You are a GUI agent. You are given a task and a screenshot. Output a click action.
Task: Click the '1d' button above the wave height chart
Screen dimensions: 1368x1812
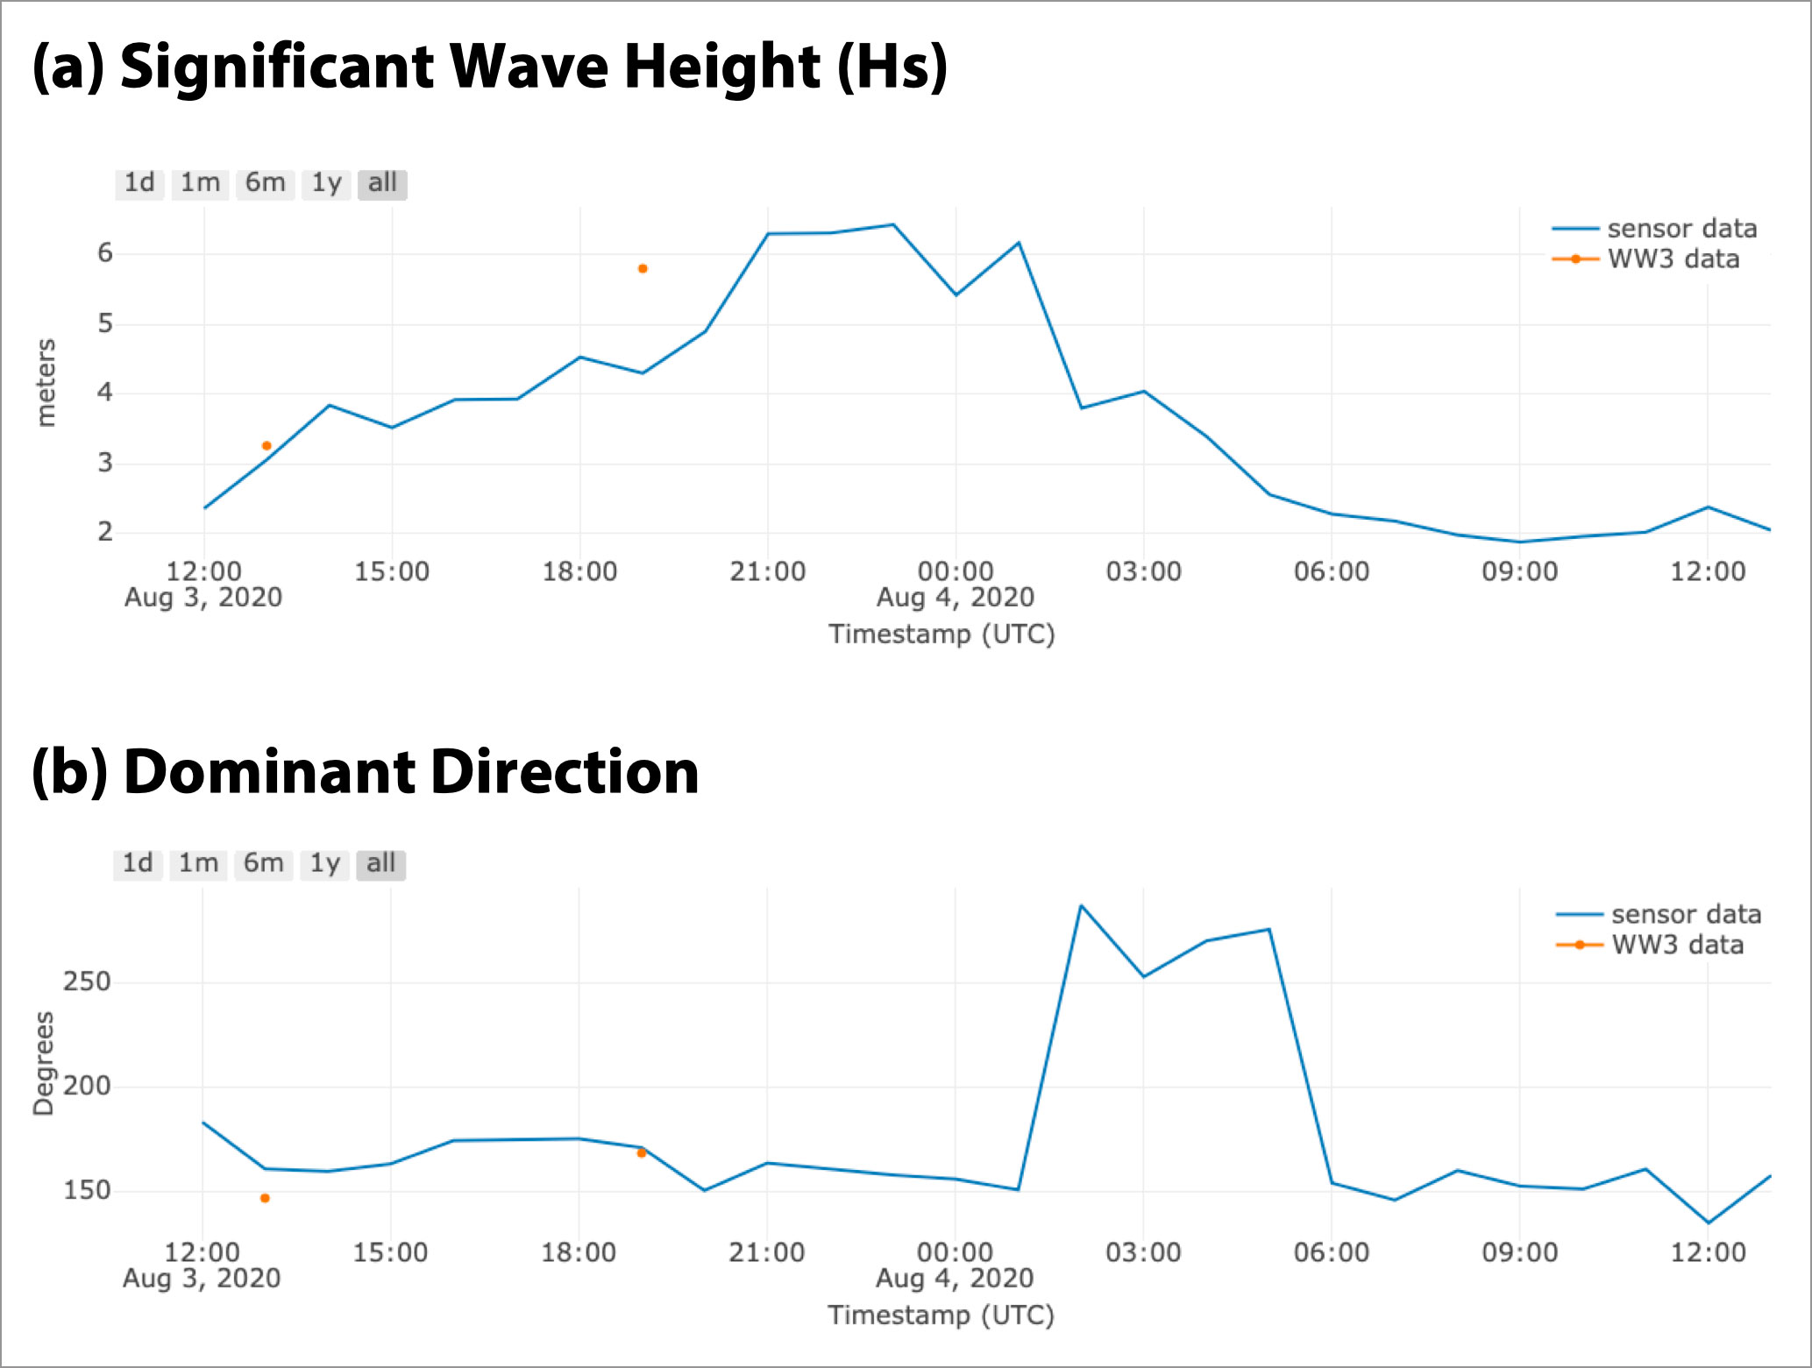tap(139, 183)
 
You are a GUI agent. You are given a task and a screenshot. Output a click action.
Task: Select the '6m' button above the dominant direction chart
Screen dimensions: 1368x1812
tap(263, 864)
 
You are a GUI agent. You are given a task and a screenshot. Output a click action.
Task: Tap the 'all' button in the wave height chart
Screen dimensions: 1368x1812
tap(382, 183)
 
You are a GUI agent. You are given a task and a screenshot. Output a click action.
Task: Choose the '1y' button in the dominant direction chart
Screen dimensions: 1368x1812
tap(324, 864)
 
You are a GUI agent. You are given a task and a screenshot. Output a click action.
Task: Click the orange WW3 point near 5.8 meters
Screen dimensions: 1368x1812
tap(643, 269)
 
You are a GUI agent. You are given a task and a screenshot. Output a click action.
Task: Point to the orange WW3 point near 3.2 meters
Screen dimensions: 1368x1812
tap(266, 446)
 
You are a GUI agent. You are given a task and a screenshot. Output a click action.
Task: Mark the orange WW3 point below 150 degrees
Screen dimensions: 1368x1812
tap(265, 1198)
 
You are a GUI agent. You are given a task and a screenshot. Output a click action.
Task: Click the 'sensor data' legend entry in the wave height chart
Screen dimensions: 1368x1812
tap(1681, 229)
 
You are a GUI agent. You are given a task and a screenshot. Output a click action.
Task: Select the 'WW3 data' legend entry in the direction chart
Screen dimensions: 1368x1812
tap(1677, 945)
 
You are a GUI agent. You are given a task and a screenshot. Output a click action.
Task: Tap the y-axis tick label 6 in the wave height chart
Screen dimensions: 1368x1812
tap(105, 253)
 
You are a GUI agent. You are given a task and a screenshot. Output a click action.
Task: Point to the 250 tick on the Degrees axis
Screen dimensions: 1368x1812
tap(87, 982)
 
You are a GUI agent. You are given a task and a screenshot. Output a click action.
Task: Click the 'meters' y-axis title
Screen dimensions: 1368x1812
tap(46, 383)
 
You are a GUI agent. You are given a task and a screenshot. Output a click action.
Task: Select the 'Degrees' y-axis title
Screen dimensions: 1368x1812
tap(44, 1063)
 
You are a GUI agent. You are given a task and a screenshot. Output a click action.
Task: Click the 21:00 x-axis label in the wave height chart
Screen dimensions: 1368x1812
tap(767, 571)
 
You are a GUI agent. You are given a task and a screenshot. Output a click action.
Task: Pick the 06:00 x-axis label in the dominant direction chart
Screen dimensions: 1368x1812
tap(1331, 1252)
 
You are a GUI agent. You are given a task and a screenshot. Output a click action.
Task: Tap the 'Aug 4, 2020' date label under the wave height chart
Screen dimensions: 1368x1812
tap(955, 598)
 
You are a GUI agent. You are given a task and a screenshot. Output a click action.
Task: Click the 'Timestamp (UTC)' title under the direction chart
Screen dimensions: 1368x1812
tap(941, 1315)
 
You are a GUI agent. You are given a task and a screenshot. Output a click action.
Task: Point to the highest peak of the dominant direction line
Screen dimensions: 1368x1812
tap(1081, 905)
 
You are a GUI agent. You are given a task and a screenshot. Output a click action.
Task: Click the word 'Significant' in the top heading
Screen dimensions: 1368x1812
tap(276, 67)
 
